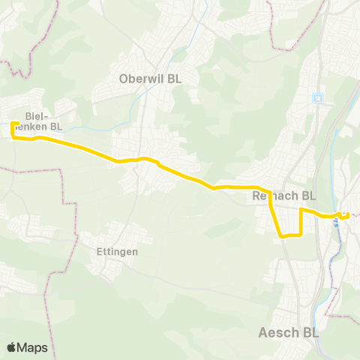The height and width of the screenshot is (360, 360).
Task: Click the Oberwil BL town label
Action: tap(150, 78)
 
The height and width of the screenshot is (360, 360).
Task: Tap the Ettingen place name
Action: tap(118, 252)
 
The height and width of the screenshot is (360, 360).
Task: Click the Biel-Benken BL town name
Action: tap(43, 121)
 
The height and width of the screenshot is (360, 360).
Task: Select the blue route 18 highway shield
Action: tap(317, 97)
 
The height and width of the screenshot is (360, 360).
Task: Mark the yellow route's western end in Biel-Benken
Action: tap(13, 122)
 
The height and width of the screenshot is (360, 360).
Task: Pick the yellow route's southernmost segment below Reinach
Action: tap(291, 235)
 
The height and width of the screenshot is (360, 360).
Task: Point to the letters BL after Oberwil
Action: tap(174, 78)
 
